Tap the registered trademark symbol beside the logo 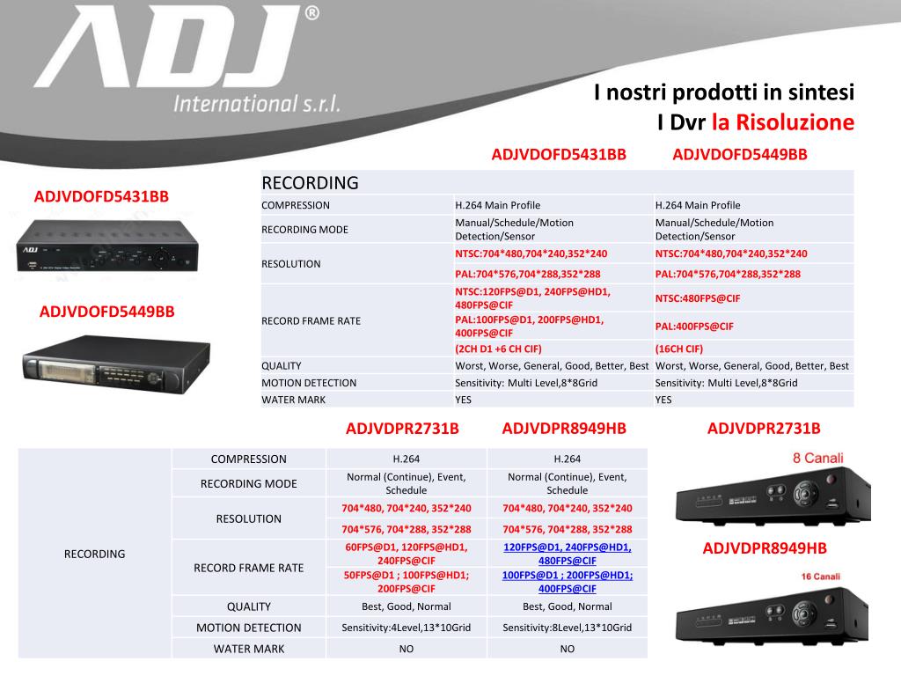click(x=311, y=15)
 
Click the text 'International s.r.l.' click(x=257, y=104)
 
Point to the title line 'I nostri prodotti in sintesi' click(x=723, y=92)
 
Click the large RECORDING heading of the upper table click(x=311, y=183)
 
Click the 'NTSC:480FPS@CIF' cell click(x=697, y=298)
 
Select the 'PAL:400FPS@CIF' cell click(x=694, y=326)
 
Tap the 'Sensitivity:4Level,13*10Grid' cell click(x=406, y=628)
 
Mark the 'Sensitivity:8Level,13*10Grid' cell click(x=567, y=628)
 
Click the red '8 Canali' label click(x=818, y=458)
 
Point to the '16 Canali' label click(x=820, y=577)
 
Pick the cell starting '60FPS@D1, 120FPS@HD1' click(x=406, y=554)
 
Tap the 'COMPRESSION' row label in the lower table click(x=249, y=459)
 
